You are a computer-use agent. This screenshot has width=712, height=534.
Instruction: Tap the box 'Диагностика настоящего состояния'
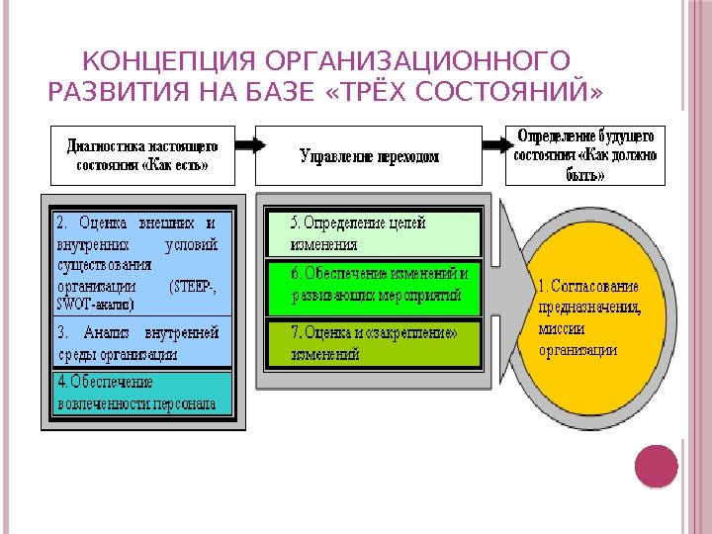pyautogui.click(x=143, y=154)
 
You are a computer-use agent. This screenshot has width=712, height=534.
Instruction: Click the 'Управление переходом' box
pyautogui.click(x=369, y=156)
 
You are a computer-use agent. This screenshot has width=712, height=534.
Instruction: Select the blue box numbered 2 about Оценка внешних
pyautogui.click(x=138, y=262)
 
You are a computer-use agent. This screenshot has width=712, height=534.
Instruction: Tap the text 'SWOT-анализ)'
pyautogui.click(x=87, y=304)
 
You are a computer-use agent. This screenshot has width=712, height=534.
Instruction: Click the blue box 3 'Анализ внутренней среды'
pyautogui.click(x=138, y=342)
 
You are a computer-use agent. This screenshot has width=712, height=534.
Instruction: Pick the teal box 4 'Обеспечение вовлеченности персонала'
pyautogui.click(x=138, y=392)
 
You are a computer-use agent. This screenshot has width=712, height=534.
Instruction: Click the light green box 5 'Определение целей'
pyautogui.click(x=372, y=234)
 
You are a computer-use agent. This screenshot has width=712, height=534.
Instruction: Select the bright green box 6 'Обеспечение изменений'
pyautogui.click(x=372, y=285)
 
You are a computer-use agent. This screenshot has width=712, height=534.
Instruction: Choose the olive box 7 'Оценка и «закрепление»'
pyautogui.click(x=372, y=342)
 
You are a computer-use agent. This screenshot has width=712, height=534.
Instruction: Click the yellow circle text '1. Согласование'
pyautogui.click(x=587, y=286)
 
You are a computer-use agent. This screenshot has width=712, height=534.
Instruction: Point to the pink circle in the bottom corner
pyautogui.click(x=656, y=466)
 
